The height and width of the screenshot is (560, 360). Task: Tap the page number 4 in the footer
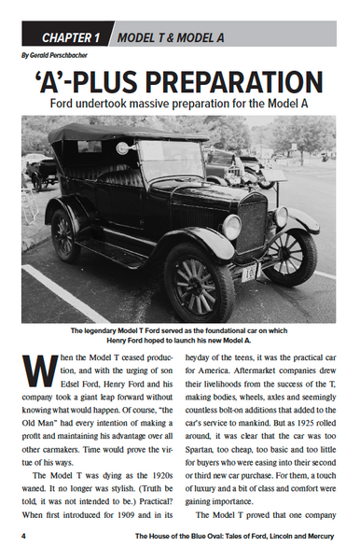[25, 537]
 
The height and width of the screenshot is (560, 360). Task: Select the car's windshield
[170, 161]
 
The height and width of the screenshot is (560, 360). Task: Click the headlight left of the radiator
[231, 226]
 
